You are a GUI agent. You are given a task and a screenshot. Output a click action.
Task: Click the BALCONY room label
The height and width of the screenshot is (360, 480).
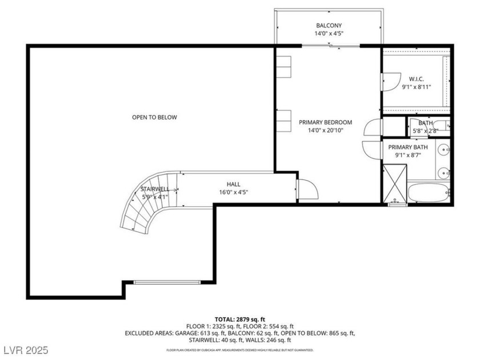point(329,25)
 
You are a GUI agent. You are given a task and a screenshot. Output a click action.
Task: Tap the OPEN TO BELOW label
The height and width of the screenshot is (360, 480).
point(154,117)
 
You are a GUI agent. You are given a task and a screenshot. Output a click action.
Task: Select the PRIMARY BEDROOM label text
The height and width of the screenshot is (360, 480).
point(325,122)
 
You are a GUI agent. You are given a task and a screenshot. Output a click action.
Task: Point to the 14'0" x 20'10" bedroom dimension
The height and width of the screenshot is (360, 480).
point(325,130)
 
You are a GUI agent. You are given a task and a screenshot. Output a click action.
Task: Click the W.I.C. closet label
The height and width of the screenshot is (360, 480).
point(416,78)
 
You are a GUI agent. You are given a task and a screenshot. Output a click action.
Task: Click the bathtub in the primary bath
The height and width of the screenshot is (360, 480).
point(429,193)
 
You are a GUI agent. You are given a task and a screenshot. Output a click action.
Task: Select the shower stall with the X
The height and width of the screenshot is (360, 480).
point(395,183)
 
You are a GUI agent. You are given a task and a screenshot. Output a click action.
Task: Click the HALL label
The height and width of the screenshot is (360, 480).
point(233,184)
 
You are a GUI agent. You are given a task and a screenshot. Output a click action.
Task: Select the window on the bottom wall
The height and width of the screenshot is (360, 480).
point(166,282)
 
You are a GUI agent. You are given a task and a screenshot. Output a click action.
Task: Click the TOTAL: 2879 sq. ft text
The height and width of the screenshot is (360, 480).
point(239,319)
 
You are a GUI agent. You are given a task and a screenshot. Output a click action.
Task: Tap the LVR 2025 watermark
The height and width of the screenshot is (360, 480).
point(25,349)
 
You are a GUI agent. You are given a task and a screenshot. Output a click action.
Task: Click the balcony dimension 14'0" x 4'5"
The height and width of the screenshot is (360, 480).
point(329,33)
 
